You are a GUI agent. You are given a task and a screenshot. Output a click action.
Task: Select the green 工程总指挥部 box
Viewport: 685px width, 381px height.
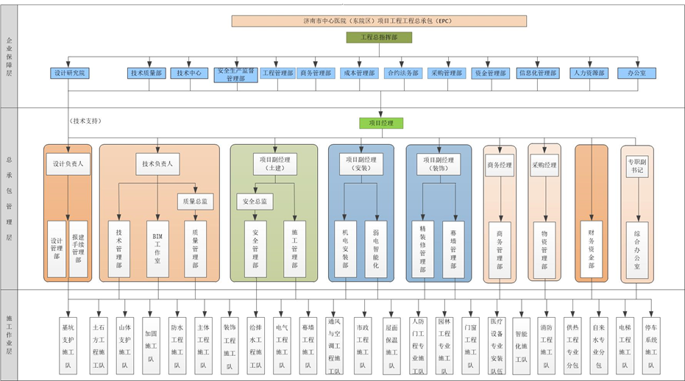(379, 37)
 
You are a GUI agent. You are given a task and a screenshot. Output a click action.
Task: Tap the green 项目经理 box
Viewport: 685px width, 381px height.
(382, 123)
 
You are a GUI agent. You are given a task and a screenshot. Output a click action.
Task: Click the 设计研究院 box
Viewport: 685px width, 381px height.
(70, 74)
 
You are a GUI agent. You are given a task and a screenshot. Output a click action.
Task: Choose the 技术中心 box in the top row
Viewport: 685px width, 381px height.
(190, 74)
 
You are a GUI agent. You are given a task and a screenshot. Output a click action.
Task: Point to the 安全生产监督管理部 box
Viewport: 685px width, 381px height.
(235, 74)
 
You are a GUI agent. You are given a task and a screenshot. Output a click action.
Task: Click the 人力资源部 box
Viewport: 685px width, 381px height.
(589, 74)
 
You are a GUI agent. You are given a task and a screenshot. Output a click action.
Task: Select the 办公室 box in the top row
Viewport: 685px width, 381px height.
(636, 74)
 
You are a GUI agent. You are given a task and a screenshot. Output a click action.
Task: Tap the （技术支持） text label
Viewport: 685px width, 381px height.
(85, 121)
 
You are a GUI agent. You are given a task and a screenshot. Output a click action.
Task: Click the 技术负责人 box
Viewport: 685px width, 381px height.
(157, 165)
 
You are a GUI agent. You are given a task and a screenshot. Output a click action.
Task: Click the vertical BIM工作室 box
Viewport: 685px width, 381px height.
(157, 249)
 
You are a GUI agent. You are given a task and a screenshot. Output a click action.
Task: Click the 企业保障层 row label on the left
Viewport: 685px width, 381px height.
(9, 56)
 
